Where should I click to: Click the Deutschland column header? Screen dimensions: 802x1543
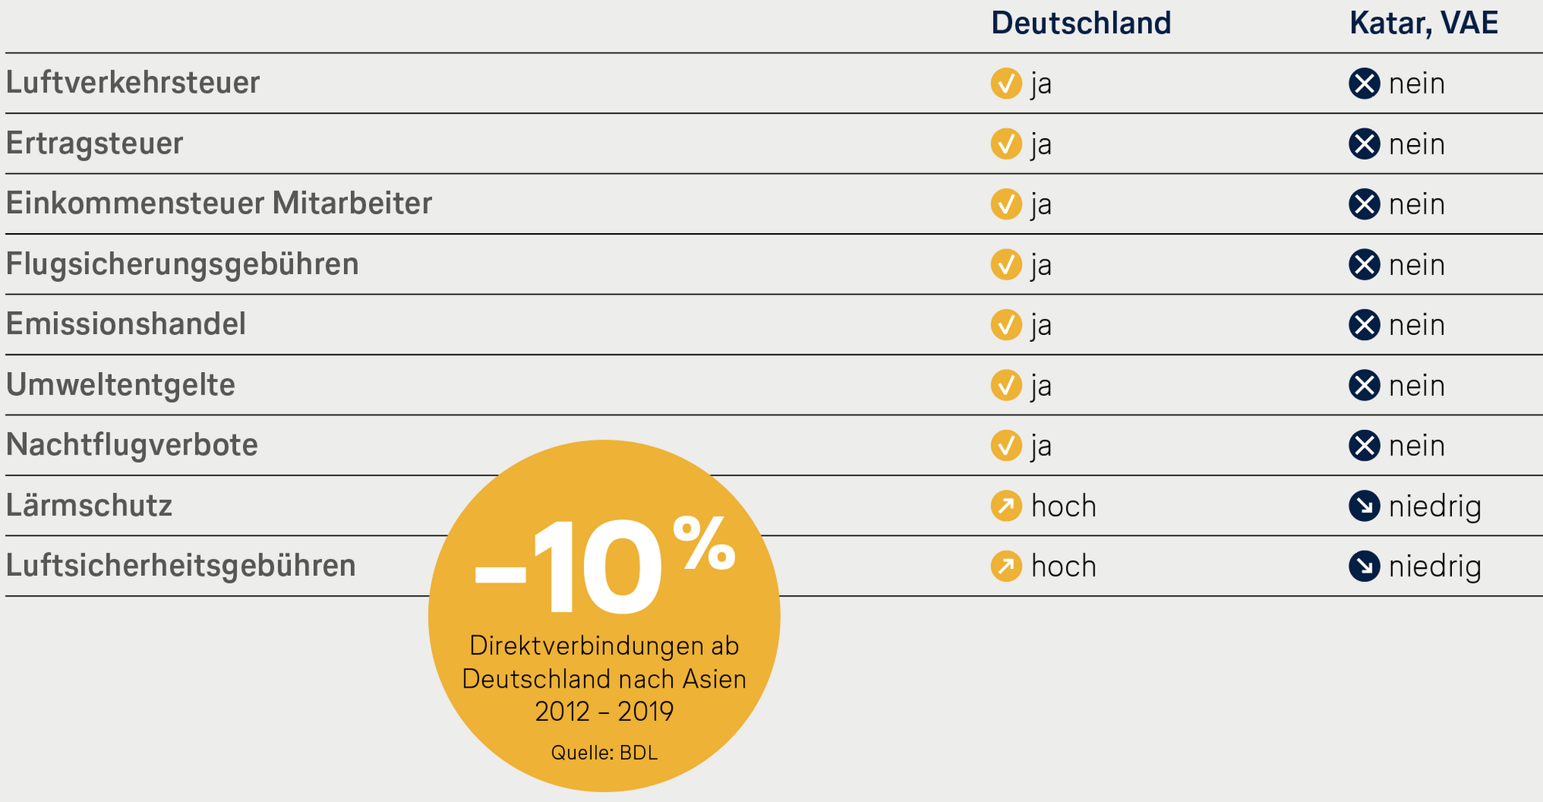(x=1080, y=23)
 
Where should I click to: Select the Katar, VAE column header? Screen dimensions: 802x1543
(x=1423, y=23)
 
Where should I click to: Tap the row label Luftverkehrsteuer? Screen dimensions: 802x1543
(x=133, y=83)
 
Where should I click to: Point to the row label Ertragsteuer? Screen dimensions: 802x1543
(x=94, y=144)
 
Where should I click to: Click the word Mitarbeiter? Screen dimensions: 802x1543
(x=352, y=203)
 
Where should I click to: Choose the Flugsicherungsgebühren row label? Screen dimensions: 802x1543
(x=182, y=264)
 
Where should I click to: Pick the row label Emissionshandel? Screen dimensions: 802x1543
(x=126, y=324)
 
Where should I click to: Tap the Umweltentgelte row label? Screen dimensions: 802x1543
(x=120, y=384)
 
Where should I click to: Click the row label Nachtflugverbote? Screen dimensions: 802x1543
(x=132, y=445)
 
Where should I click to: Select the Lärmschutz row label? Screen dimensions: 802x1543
(x=89, y=506)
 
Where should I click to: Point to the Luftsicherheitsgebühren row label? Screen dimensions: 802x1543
(x=181, y=566)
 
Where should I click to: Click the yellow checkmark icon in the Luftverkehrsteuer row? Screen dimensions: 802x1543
(x=1006, y=83)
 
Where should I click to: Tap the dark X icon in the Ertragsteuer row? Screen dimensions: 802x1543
(x=1364, y=144)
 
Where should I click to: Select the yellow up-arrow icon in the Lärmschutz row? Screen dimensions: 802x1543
(x=1006, y=506)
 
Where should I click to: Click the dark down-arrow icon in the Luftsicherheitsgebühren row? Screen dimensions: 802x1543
(x=1364, y=567)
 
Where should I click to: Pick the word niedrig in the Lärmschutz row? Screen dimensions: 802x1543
(x=1435, y=507)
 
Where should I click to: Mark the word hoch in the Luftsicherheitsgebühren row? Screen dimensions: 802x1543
(x=1064, y=567)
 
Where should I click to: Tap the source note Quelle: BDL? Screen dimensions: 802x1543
(x=604, y=753)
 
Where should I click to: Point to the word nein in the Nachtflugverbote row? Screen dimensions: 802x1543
(x=1416, y=446)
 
